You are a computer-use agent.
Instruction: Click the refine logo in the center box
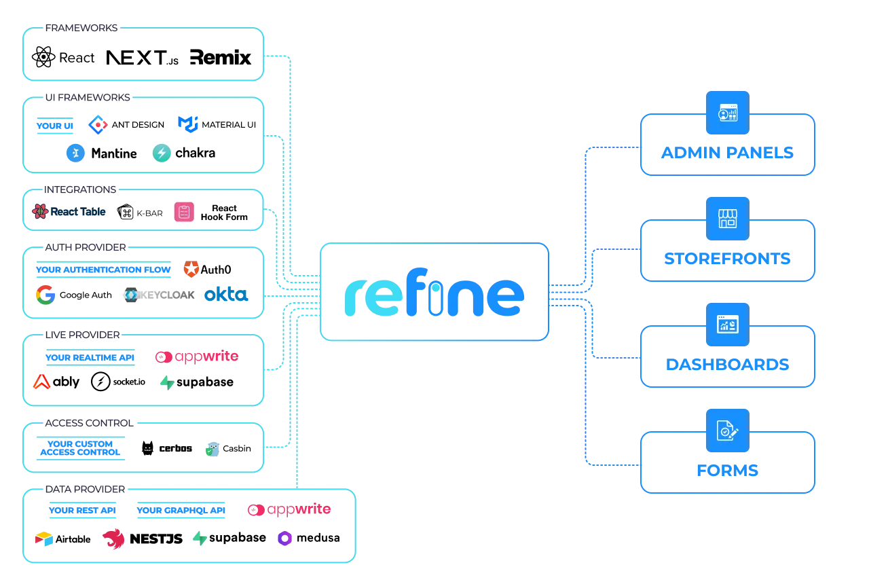coord(434,297)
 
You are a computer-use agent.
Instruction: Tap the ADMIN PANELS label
coord(727,153)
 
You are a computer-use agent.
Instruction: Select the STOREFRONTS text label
coord(727,259)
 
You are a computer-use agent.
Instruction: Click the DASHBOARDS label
coord(727,365)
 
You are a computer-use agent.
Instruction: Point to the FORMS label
coord(727,471)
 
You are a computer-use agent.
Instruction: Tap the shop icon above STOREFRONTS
coord(727,219)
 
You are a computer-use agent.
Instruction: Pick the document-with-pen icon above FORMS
coord(727,431)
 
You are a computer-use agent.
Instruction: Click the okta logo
coord(225,295)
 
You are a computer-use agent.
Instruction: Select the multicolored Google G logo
coord(46,295)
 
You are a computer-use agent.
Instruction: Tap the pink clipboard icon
coord(183,212)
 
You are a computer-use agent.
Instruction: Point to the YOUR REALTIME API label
coord(90,358)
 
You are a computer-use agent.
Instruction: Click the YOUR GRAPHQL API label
coord(181,510)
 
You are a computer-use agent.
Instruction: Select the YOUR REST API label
coord(83,510)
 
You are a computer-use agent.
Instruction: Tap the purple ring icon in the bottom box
coord(284,539)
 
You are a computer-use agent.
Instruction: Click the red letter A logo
coord(42,382)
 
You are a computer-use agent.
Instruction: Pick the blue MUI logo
coord(187,124)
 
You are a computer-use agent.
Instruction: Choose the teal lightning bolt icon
coord(162,153)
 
